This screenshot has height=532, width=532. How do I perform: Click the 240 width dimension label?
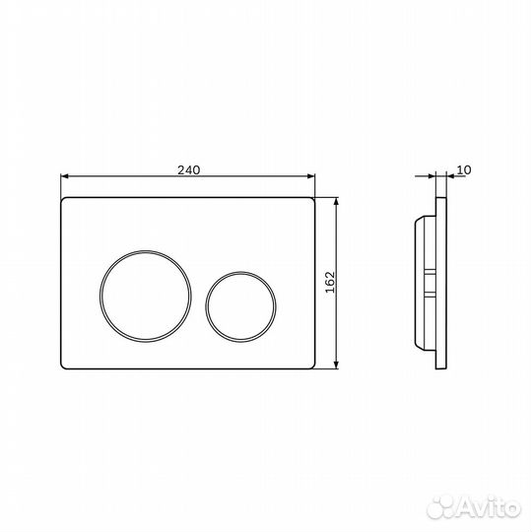pos(189,169)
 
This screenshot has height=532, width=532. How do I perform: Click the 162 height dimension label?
pos(330,282)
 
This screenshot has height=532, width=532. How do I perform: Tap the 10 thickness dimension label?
pos(464,169)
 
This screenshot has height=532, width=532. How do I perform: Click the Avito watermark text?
pos(488,508)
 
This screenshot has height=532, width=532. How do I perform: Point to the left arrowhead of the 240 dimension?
pos(64,176)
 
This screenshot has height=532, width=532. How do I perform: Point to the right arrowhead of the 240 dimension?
pos(310,176)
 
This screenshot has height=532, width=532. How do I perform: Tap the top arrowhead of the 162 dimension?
pos(336,202)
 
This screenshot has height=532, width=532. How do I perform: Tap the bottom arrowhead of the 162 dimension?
pos(336,365)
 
